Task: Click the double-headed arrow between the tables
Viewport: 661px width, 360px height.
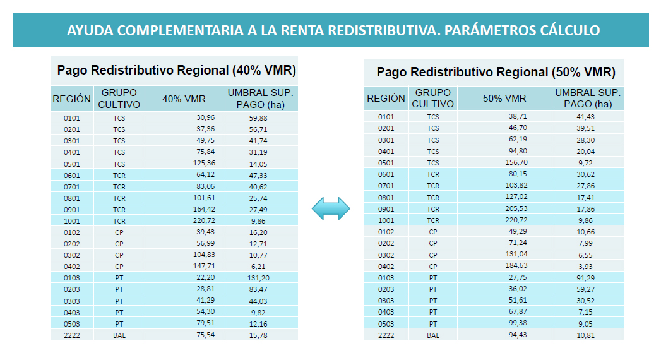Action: [331, 209]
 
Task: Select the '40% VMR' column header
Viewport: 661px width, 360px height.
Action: [183, 99]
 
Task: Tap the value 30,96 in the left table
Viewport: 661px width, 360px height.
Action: [205, 117]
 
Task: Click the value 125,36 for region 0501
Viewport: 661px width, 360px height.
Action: [203, 164]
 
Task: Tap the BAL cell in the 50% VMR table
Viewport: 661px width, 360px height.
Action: [433, 335]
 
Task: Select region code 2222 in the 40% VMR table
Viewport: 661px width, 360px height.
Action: [71, 335]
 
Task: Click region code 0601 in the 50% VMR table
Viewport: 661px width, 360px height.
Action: [386, 174]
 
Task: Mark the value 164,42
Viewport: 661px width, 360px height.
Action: [203, 209]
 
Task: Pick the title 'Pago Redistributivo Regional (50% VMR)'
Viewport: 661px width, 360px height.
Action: [496, 72]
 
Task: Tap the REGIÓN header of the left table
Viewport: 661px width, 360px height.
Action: [71, 99]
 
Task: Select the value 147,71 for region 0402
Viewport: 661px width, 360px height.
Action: [203, 267]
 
